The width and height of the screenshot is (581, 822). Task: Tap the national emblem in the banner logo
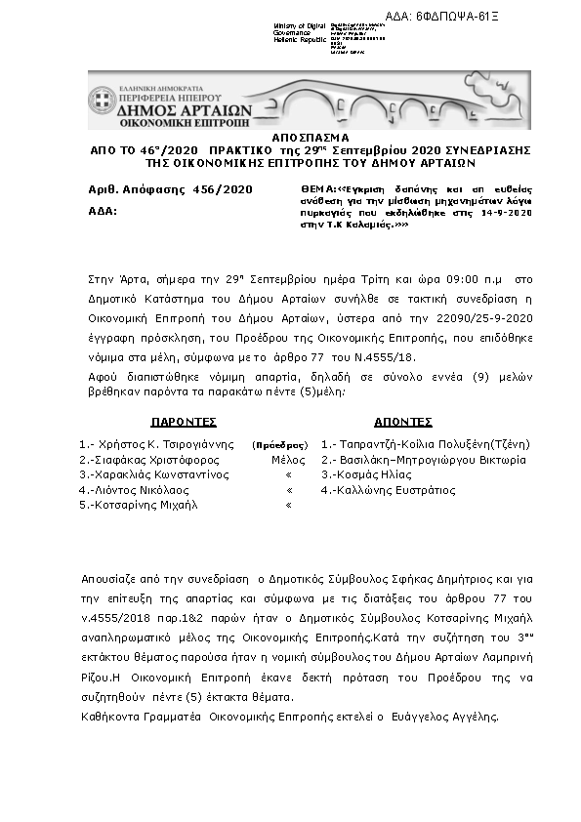[99, 102]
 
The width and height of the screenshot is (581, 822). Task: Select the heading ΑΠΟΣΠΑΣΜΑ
[290, 140]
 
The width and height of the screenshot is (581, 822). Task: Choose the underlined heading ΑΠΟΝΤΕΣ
[402, 422]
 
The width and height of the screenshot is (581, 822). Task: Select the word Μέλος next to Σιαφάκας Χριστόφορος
[287, 460]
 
